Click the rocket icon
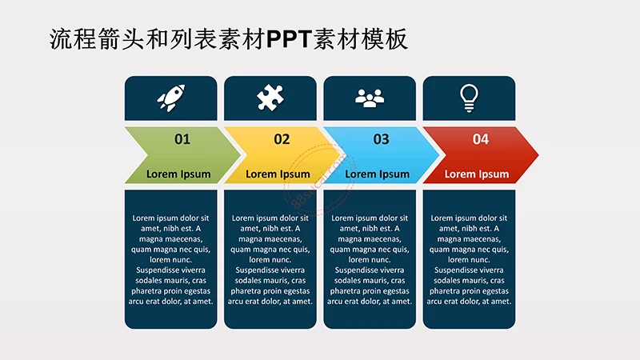pyautogui.click(x=171, y=98)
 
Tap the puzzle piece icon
pyautogui.click(x=270, y=98)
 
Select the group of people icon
pyautogui.click(x=370, y=98)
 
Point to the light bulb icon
pyautogui.click(x=469, y=97)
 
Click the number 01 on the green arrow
pyautogui.click(x=182, y=139)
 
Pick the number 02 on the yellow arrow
pyautogui.click(x=282, y=139)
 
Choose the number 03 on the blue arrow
pyautogui.click(x=381, y=139)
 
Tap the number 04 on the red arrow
pyautogui.click(x=480, y=139)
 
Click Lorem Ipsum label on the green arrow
pyautogui.click(x=178, y=174)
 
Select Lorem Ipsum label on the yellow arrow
pyautogui.click(x=278, y=174)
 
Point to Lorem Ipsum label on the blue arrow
pyautogui.click(x=377, y=174)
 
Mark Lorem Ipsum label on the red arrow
pyautogui.click(x=476, y=174)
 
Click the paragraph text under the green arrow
pyautogui.click(x=171, y=259)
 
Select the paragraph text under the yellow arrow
pyautogui.click(x=270, y=259)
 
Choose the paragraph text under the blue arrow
pyautogui.click(x=370, y=259)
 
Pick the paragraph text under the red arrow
pyautogui.click(x=469, y=259)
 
